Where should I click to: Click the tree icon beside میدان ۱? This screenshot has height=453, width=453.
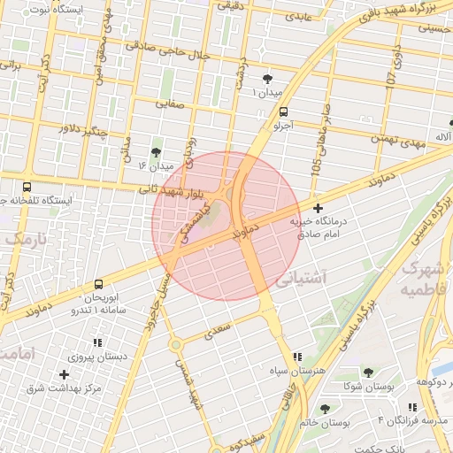267,81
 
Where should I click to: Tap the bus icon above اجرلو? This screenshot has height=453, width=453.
283,112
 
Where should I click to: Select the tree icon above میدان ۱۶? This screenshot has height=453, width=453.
157,152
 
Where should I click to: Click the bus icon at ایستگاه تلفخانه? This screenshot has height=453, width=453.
27,187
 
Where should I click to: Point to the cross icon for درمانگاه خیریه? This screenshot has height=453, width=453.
318,208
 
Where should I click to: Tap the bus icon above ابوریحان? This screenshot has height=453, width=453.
97,284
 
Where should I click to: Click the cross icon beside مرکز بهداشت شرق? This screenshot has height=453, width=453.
64,374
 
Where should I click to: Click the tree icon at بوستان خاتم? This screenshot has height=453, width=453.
325,408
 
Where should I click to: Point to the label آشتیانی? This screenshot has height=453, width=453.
302,279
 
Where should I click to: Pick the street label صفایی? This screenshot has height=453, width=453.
172,104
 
